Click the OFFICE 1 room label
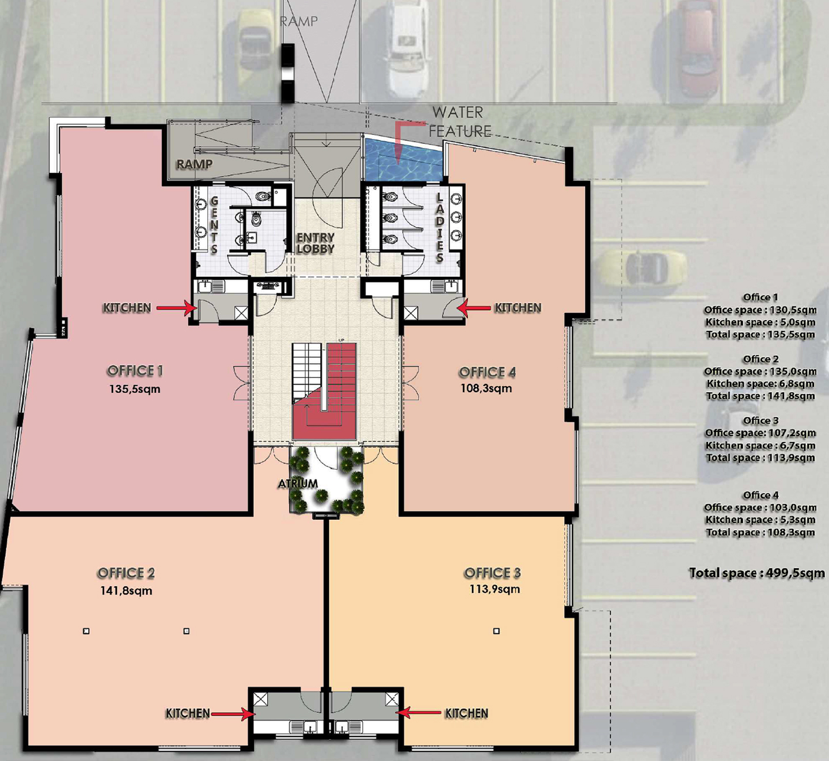135,371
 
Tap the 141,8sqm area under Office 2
126,590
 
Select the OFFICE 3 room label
492,573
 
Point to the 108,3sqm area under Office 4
486,388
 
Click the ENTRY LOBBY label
315,243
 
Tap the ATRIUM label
298,483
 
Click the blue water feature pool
403,159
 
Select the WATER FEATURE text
459,121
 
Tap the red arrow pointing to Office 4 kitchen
474,308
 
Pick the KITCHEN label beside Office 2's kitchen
188,713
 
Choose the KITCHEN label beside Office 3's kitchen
466,713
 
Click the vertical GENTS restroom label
214,225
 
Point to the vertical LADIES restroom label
439,228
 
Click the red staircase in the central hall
325,391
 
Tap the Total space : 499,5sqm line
756,573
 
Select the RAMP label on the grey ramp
194,164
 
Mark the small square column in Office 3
497,631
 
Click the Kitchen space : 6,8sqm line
760,383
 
